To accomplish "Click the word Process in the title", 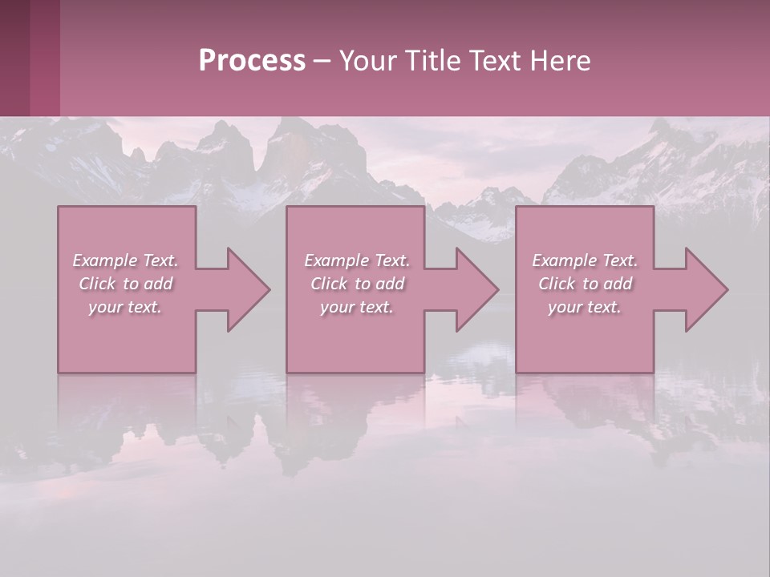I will (252, 61).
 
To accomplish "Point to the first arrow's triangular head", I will (249, 289).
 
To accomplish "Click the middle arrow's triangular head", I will (477, 289).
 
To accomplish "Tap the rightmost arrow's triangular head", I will (707, 289).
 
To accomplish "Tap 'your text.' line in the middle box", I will (357, 307).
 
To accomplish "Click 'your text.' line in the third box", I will (585, 307).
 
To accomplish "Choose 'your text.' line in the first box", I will (125, 307).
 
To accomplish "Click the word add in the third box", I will (618, 284).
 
